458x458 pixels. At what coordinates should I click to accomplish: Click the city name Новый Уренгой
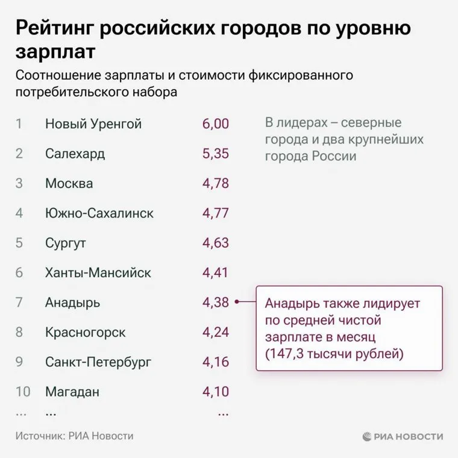coord(93,124)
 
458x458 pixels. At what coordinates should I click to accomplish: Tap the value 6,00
coord(216,124)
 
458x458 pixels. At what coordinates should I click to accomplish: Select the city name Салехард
coord(75,154)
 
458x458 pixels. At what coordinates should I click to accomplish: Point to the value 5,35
coord(216,154)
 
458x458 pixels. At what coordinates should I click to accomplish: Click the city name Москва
coord(69,183)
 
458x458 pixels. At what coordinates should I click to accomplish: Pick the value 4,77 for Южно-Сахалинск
coord(216,213)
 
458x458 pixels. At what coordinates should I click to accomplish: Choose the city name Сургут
coord(66,243)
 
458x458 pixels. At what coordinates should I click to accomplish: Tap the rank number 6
coord(19,272)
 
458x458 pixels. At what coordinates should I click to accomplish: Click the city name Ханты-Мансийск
coord(98,272)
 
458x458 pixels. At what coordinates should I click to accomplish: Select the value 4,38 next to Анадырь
coord(216,302)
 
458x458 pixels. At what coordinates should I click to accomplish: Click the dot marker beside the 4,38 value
coord(237,303)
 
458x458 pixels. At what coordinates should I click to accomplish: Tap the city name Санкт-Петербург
coord(98,362)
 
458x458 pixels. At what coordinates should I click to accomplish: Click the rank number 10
coord(23,392)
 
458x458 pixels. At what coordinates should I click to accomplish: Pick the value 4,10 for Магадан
coord(216,392)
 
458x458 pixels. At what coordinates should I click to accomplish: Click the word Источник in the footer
coord(39,436)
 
